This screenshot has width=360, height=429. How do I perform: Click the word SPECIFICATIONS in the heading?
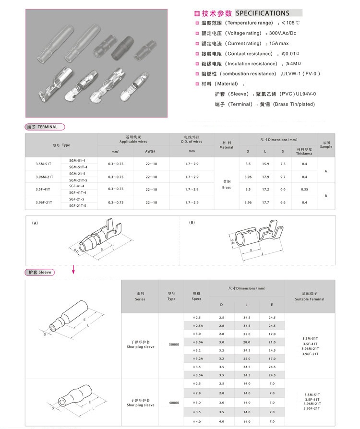point(263,13)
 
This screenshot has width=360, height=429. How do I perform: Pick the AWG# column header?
point(150,151)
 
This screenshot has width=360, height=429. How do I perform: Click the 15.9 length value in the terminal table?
point(265,164)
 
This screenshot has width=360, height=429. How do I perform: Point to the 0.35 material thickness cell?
point(304,190)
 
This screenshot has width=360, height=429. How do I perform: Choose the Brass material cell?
point(227,185)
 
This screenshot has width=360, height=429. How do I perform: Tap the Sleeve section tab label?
point(40,273)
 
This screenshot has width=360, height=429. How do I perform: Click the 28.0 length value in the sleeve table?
point(247,342)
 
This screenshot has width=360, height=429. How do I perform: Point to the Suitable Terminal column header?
point(310,296)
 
